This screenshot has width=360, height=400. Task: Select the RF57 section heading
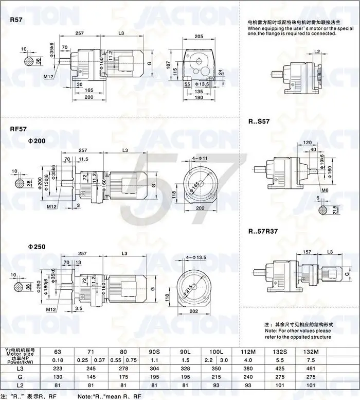(20, 130)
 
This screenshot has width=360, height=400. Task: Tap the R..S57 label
(259, 122)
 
